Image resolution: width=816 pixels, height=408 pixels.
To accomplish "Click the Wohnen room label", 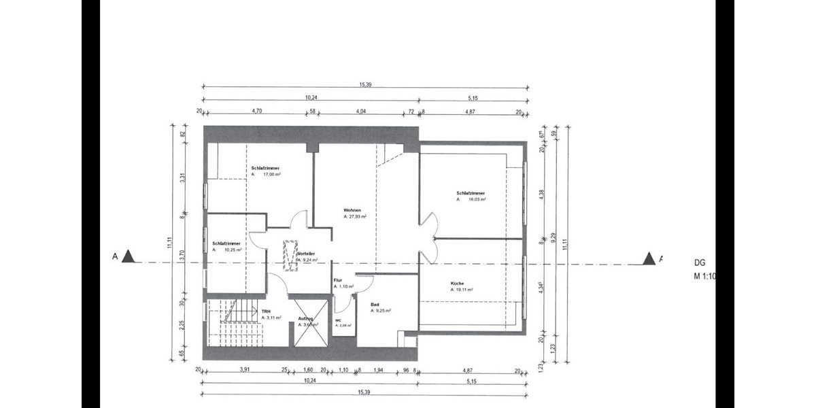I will coord(352,210).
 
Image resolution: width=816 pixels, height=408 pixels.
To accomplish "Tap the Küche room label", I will coord(457,283).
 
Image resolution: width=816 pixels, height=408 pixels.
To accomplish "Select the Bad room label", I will coord(375,304).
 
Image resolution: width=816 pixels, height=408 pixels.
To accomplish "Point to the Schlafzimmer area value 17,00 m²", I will coord(269,174).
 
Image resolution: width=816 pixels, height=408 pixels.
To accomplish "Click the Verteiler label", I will coord(305,253).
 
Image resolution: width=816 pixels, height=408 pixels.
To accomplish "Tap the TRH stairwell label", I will coord(266,311).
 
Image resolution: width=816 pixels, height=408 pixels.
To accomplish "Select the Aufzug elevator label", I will coord(305,318).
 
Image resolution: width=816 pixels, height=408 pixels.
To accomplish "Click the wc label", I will coord(338,320).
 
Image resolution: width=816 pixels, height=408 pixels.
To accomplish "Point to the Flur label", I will coord(337,280).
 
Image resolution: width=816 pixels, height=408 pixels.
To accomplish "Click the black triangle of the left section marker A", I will coord(129,256).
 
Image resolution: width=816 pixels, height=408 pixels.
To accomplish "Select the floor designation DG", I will coord(700,262).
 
